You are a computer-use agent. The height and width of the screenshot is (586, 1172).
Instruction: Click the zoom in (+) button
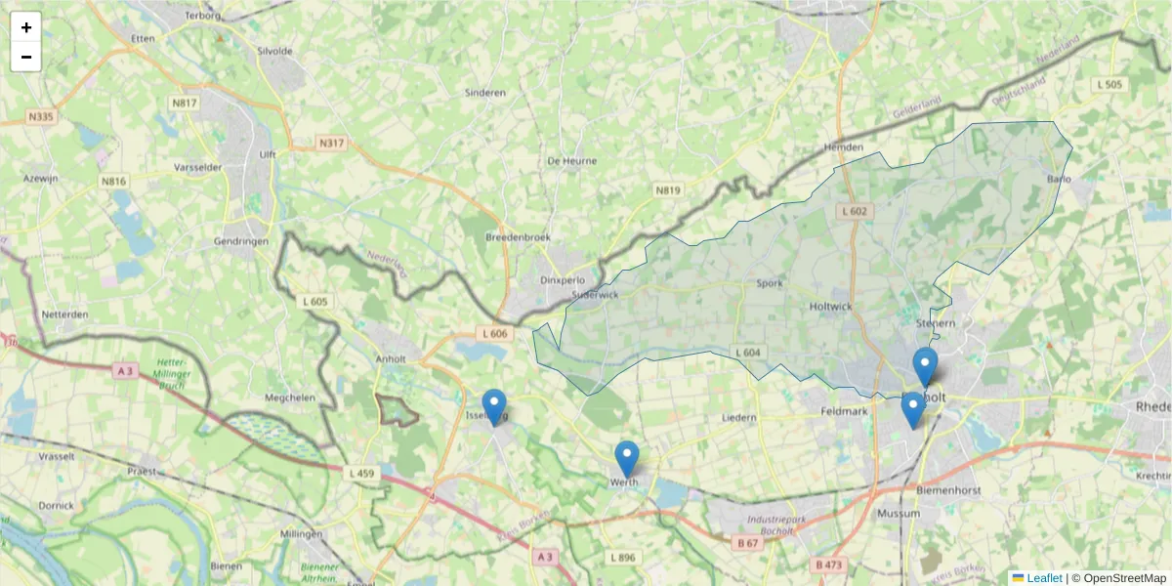tap(26, 27)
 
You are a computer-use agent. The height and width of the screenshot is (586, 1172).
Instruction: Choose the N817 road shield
tap(184, 103)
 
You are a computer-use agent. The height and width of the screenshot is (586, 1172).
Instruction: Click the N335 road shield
tap(40, 117)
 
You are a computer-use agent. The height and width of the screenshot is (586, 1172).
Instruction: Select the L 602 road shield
tap(853, 211)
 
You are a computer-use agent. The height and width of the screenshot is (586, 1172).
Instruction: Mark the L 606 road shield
tap(495, 334)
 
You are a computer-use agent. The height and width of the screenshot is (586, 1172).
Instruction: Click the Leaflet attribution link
tap(1043, 578)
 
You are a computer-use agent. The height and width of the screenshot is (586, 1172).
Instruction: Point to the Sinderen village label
tap(485, 93)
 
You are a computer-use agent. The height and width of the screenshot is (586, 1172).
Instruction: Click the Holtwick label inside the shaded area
tap(831, 306)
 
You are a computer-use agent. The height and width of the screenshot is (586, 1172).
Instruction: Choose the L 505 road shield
tap(1109, 85)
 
